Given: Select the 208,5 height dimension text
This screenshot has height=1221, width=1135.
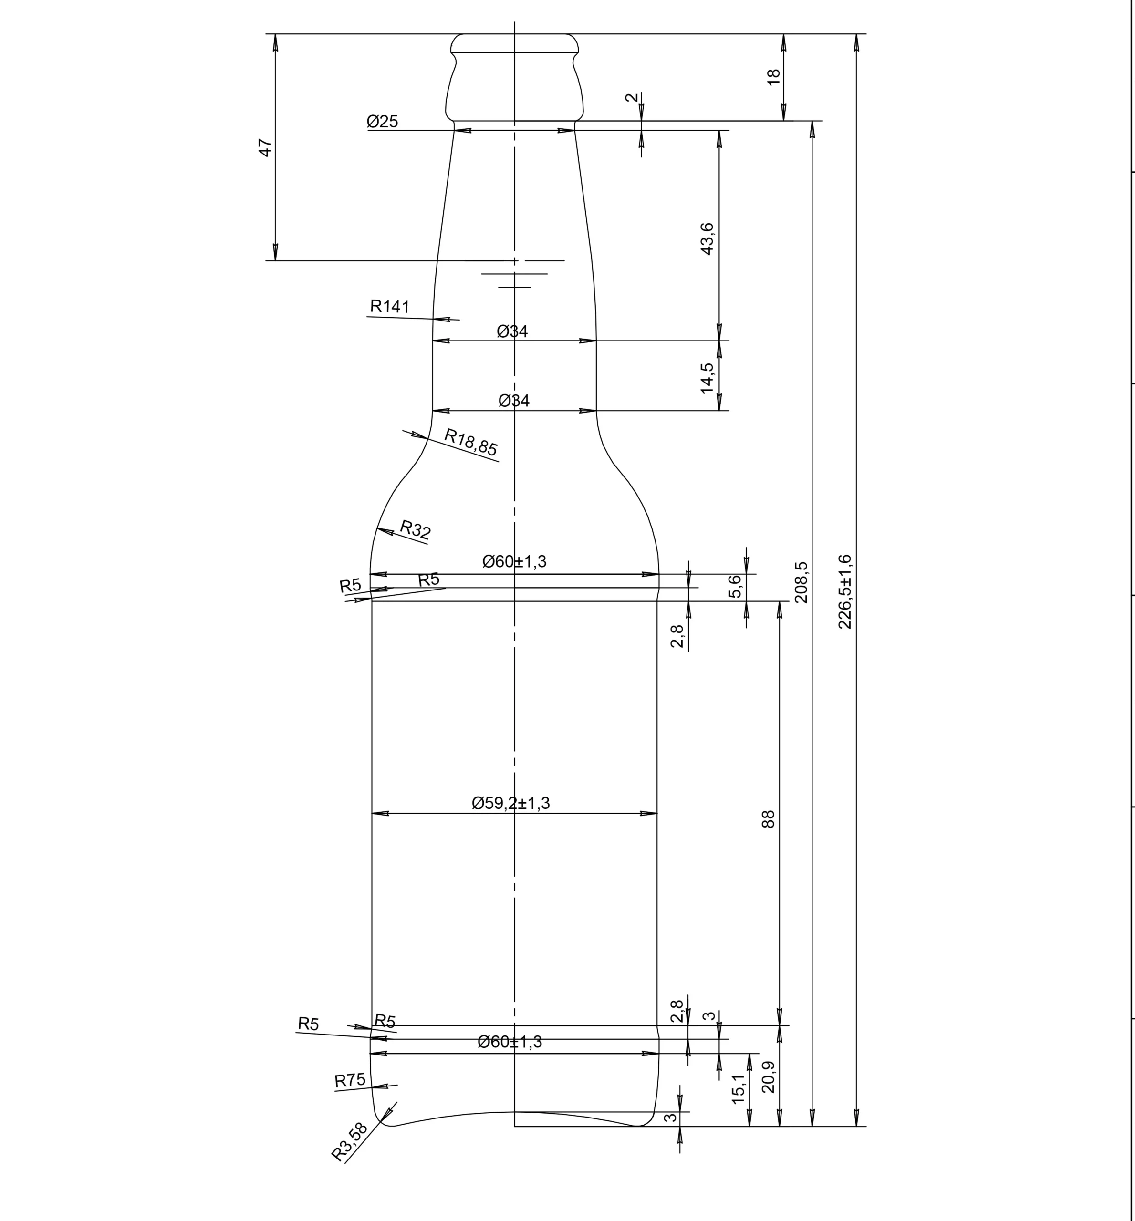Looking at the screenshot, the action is tap(802, 582).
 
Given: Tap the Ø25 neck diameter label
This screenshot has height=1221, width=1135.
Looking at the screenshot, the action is tap(383, 122).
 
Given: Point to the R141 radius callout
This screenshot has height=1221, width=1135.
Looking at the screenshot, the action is tap(389, 306).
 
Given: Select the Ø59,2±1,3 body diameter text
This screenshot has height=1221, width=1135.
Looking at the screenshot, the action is tap(511, 803).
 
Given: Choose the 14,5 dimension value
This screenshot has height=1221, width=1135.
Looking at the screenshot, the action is tap(707, 378).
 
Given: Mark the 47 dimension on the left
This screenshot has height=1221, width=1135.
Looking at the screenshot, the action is tap(265, 147).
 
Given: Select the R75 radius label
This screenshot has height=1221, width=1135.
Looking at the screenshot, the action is tap(350, 1080).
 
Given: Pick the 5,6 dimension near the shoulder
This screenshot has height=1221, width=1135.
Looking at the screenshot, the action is tap(735, 586).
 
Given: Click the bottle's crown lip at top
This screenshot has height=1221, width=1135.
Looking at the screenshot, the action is tap(515, 43).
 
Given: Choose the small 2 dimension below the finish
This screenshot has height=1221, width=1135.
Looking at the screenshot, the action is tap(632, 98).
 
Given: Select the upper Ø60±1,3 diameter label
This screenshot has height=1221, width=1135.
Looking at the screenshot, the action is tap(515, 561).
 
